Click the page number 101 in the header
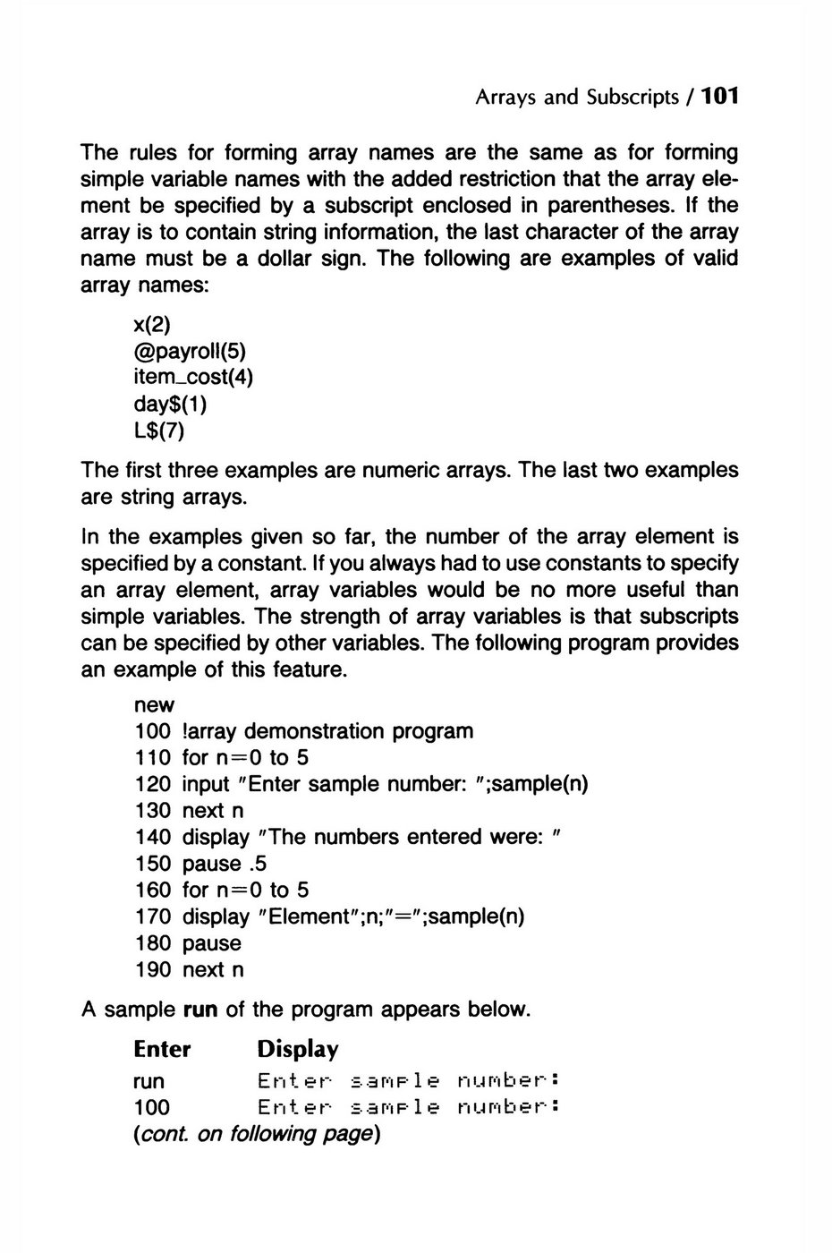click(x=720, y=96)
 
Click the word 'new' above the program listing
click(x=154, y=705)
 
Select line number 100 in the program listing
click(x=152, y=731)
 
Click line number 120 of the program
click(x=152, y=784)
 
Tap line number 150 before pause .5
click(x=152, y=864)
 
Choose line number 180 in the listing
click(x=152, y=943)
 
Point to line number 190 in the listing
click(x=152, y=969)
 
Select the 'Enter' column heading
click(x=162, y=1049)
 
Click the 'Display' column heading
click(x=298, y=1049)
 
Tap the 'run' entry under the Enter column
click(x=149, y=1081)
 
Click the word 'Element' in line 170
click(x=307, y=916)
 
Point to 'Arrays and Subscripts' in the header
click(x=577, y=97)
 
